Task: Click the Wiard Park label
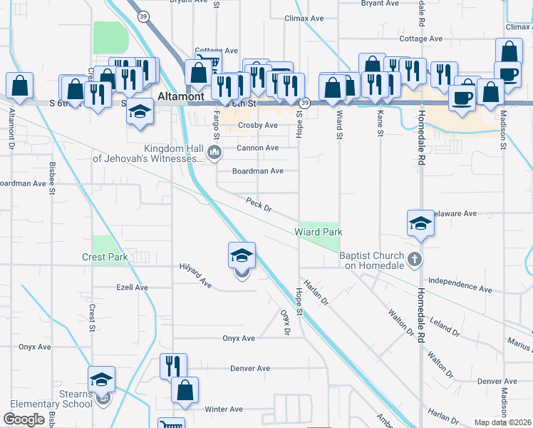[x=319, y=232]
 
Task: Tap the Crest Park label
[x=104, y=257]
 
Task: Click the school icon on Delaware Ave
[x=420, y=223]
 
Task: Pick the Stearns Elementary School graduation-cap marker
[x=102, y=380]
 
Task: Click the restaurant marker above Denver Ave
[x=173, y=367]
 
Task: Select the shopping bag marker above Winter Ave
[x=185, y=390]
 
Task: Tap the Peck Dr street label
[x=259, y=205]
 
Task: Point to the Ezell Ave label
[x=132, y=287]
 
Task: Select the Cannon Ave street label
[x=257, y=148]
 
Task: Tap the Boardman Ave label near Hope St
[x=258, y=171]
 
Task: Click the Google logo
[x=24, y=419]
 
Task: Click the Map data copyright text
[x=503, y=422]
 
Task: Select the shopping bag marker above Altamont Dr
[x=20, y=85]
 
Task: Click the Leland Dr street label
[x=445, y=327]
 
